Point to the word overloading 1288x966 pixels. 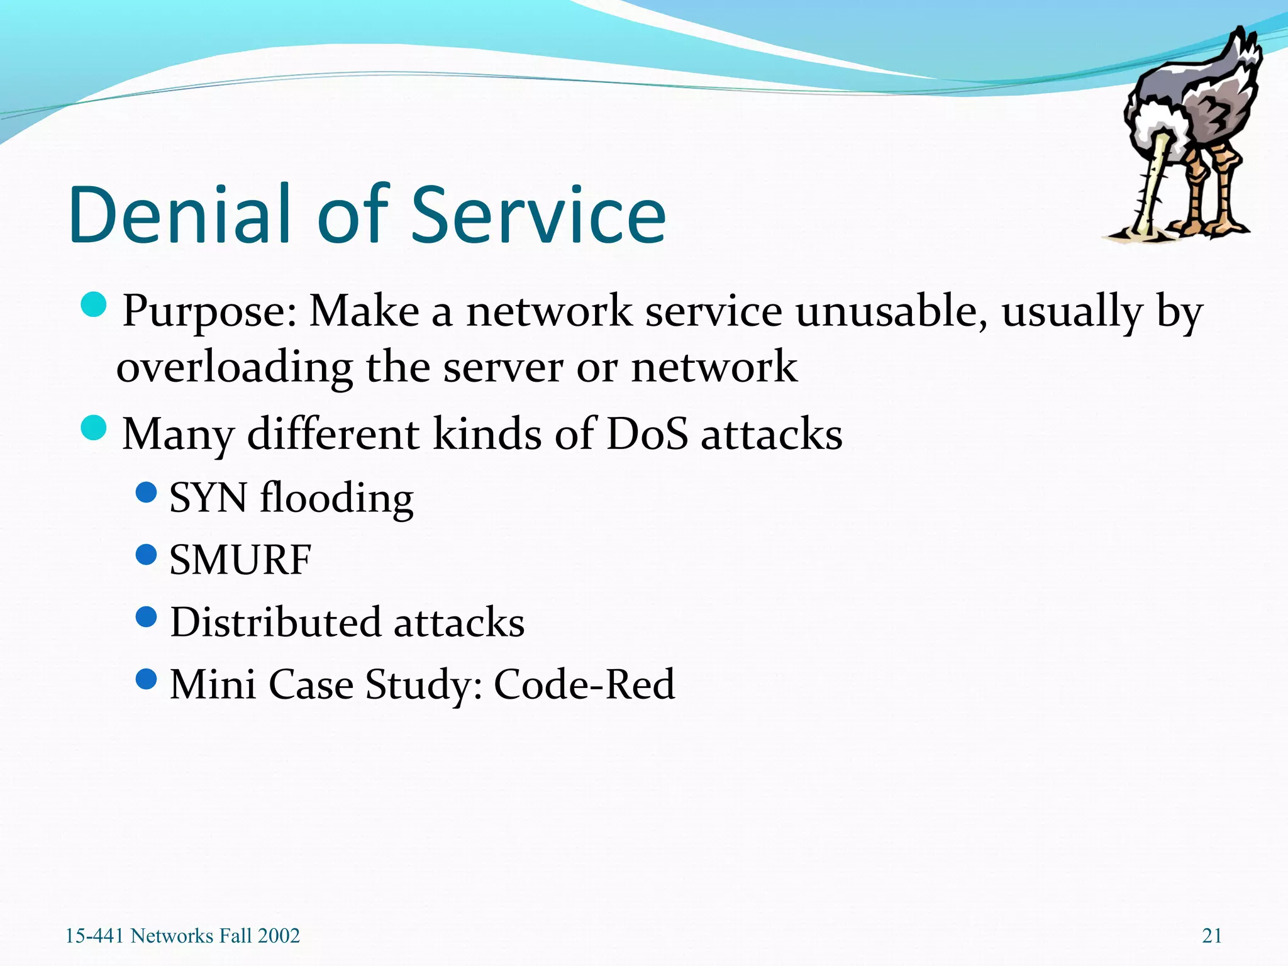[234, 368]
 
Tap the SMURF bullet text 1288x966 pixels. [240, 559]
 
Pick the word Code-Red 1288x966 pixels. [584, 684]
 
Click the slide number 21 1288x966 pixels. [1211, 936]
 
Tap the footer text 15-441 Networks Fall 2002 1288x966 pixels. [182, 936]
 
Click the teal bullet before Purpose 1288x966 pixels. [94, 304]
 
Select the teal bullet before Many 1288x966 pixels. [94, 428]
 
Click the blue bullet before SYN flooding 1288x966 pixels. [146, 492]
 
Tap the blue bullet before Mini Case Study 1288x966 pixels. [146, 679]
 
